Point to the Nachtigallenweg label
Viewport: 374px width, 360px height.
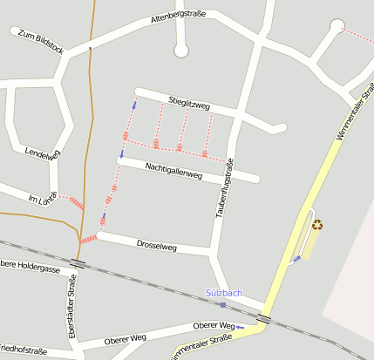[x=173, y=169]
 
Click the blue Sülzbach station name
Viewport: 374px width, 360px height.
[x=224, y=293]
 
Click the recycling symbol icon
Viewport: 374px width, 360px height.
[x=316, y=224]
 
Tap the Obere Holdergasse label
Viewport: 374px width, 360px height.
[x=28, y=268]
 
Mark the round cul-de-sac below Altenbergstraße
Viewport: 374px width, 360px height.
[x=181, y=51]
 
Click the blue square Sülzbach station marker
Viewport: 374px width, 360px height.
[x=223, y=305]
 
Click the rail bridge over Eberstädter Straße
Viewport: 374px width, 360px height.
[x=78, y=262]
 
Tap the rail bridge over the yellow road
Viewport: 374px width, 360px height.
[x=264, y=320]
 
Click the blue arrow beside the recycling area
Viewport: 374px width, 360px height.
[x=295, y=259]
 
